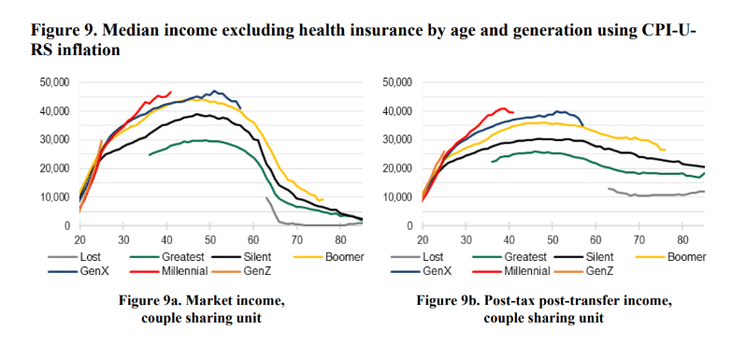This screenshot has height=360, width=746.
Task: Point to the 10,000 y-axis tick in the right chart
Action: (x=398, y=197)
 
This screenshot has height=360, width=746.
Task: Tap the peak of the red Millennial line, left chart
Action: (x=170, y=92)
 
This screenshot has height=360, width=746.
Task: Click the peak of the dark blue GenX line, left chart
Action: (x=214, y=91)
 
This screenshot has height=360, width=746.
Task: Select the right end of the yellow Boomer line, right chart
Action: (x=665, y=150)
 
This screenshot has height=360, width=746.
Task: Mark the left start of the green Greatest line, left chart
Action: (x=150, y=154)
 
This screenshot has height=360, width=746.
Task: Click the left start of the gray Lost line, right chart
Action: (x=609, y=188)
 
